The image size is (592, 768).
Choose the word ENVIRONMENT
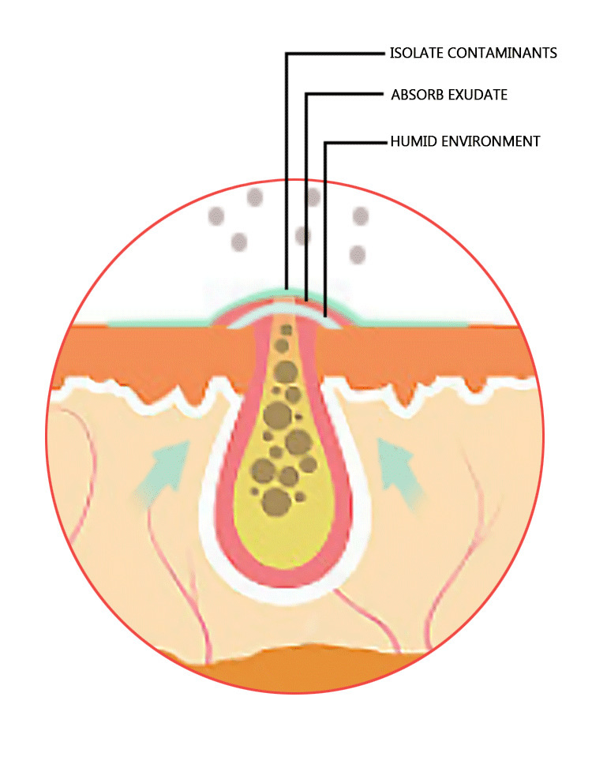click(x=489, y=142)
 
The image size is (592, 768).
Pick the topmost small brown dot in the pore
click(x=286, y=329)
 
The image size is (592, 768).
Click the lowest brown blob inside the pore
click(x=275, y=500)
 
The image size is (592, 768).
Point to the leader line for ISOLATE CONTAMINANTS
click(x=287, y=158)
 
